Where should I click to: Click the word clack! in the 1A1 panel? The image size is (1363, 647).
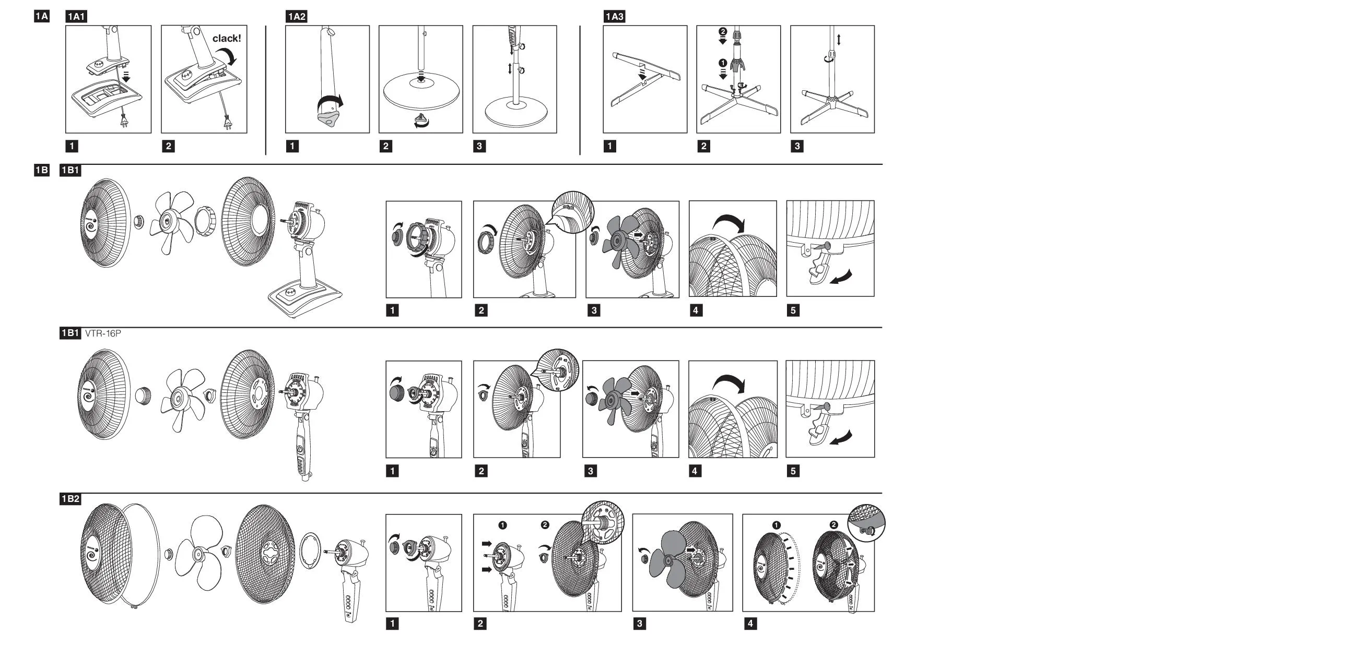[227, 39]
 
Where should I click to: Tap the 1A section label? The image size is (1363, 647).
[42, 16]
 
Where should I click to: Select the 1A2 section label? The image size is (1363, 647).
[296, 17]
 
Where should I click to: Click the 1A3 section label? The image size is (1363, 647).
[614, 17]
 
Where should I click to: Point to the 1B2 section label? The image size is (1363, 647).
[70, 499]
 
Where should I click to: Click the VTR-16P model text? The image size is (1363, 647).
[103, 333]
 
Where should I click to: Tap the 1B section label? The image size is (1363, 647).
[42, 170]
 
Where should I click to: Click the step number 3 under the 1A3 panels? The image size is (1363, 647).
[797, 147]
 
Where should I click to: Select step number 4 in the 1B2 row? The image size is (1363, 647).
[750, 624]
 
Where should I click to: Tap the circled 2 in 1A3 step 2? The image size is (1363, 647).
[723, 32]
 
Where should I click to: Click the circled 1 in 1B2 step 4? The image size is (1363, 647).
[776, 525]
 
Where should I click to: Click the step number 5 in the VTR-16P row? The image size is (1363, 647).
[793, 471]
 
